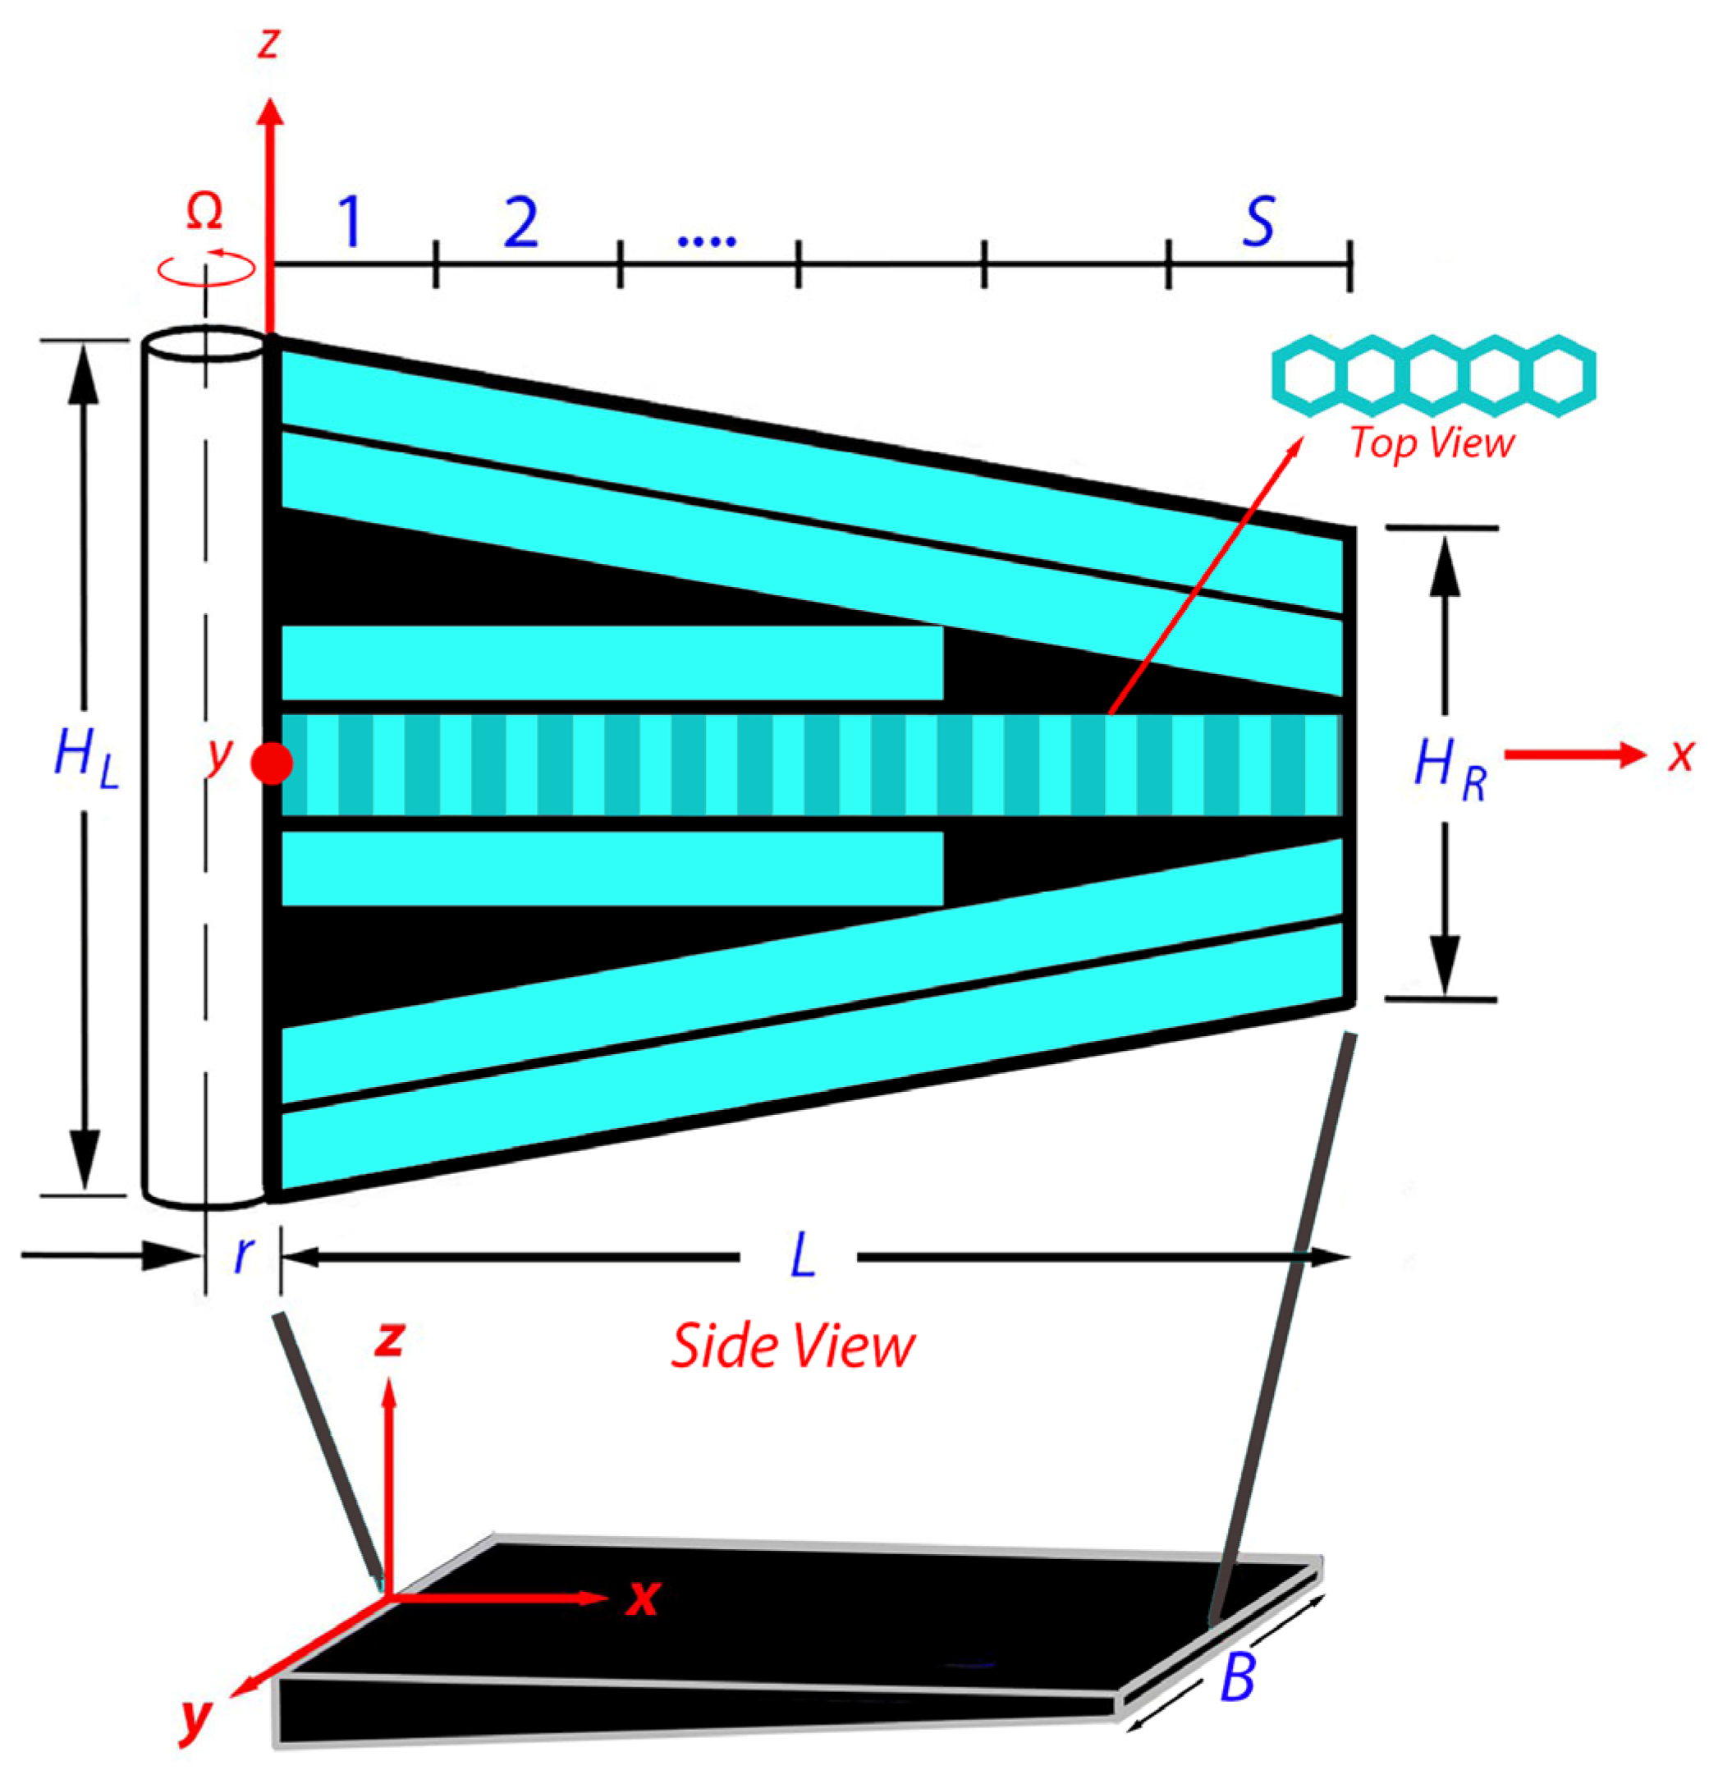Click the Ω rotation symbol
coord(204,213)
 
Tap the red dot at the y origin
coord(272,764)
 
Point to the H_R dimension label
coord(1450,770)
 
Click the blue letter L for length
coord(804,1257)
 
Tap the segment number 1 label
coord(350,221)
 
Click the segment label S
coord(1259,221)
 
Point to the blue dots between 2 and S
coord(708,241)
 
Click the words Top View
coord(1432,443)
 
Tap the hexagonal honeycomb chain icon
coord(1434,376)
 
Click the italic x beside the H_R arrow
coord(1681,754)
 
